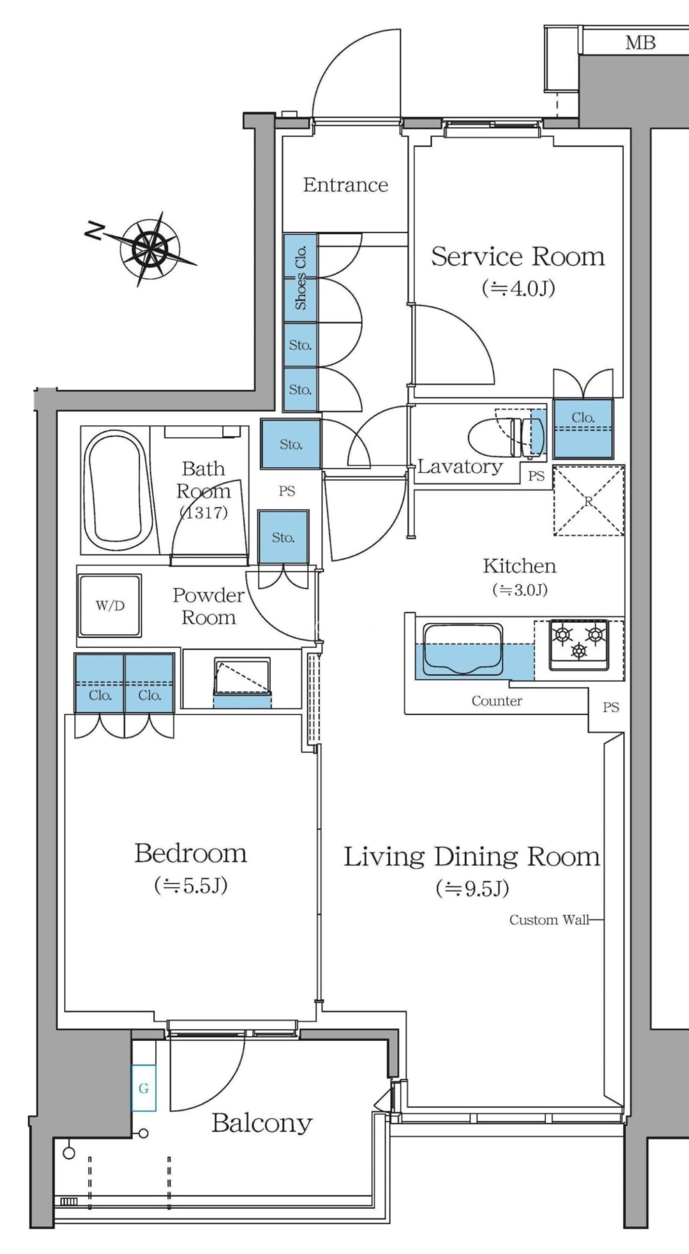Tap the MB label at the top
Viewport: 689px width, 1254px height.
[640, 43]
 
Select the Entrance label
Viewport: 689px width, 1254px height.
[345, 185]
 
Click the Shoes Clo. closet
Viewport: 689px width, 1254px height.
[300, 278]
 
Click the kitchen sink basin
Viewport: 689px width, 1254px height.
[462, 649]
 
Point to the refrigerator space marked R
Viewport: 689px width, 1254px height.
[589, 501]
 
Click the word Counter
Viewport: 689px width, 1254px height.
[497, 701]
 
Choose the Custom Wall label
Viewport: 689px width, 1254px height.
[549, 920]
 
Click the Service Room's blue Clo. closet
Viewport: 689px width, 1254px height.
[583, 428]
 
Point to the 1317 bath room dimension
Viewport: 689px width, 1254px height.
[204, 512]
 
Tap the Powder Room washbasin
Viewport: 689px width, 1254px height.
[242, 678]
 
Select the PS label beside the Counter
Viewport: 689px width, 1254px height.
[611, 708]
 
